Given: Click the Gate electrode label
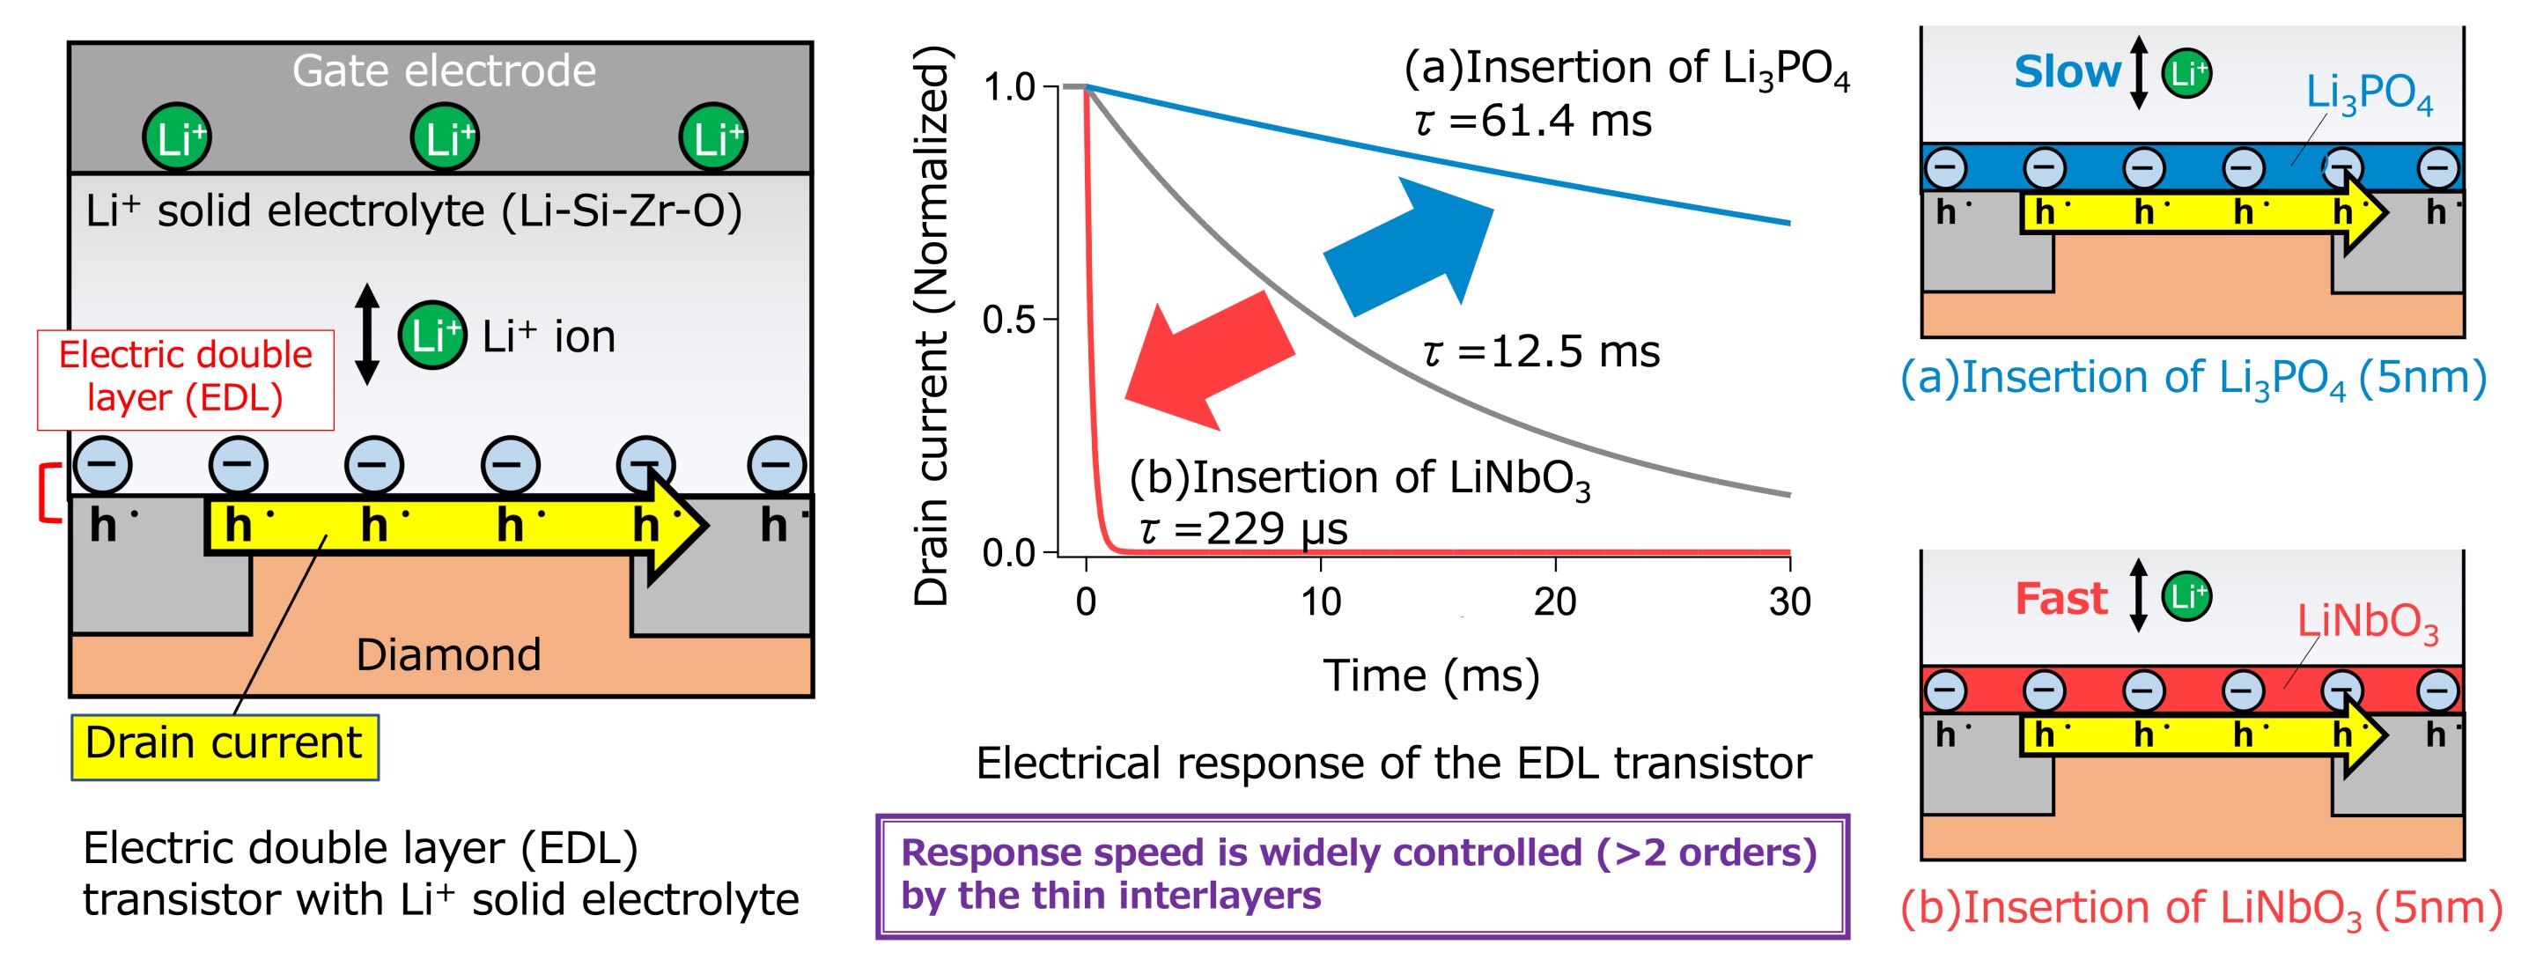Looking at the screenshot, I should (x=444, y=71).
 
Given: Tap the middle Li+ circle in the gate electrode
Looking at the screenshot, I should (x=445, y=137).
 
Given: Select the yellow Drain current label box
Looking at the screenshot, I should (x=225, y=745).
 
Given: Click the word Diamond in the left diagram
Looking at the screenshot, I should (x=448, y=655).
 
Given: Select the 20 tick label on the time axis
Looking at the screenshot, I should (x=1554, y=602).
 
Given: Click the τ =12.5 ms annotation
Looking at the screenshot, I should (x=1541, y=352).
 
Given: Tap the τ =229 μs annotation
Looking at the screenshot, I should (x=1242, y=530).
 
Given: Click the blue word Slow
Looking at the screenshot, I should (x=2067, y=72).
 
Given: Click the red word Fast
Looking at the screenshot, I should (x=2060, y=599).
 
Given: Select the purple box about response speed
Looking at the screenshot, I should (x=1361, y=875).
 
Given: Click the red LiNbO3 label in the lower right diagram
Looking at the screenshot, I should (x=2367, y=623).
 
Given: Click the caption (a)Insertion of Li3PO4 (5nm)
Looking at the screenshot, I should (x=2193, y=378).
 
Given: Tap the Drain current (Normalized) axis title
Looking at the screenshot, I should (x=931, y=325).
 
